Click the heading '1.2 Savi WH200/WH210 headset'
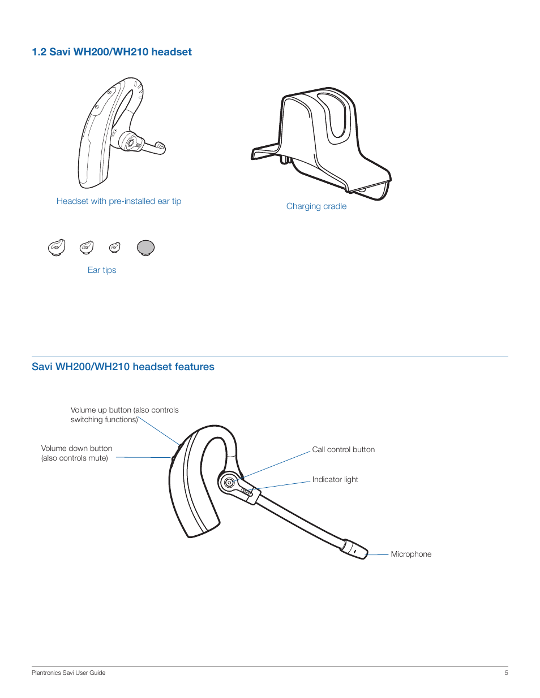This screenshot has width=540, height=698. point(112,52)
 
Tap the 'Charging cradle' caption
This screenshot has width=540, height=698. point(316,206)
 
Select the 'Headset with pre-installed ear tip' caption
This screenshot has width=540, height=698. point(119,201)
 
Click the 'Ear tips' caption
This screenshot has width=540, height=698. point(102,270)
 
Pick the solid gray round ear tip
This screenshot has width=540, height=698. point(145,248)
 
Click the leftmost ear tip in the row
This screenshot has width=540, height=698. point(57,248)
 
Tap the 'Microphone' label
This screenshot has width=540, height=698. point(411,554)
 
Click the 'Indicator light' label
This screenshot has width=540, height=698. point(335,480)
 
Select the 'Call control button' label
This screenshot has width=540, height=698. point(344,450)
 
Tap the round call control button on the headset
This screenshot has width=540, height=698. point(229,483)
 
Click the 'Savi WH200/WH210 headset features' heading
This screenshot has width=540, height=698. point(123,367)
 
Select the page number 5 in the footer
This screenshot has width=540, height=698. point(506,673)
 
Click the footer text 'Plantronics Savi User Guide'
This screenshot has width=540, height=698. point(68,673)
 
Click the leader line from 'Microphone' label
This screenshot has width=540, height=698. point(379,554)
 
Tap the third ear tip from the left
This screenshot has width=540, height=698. point(115,247)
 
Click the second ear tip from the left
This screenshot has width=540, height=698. point(87,247)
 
